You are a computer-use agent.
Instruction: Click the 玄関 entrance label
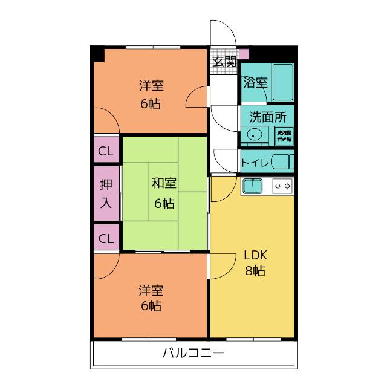pyautogui.click(x=224, y=61)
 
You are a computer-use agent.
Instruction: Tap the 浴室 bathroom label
pyautogui.click(x=255, y=83)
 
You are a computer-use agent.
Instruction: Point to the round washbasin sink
pyautogui.click(x=255, y=135)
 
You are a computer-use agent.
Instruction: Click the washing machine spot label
pyautogui.click(x=284, y=135)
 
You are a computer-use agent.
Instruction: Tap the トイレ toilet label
pyautogui.click(x=255, y=162)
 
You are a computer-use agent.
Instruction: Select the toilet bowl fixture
pyautogui.click(x=281, y=161)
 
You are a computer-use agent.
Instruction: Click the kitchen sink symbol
pyautogui.click(x=252, y=185)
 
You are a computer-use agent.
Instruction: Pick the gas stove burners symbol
pyautogui.click(x=282, y=185)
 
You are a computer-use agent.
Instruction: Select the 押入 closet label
pyautogui.click(x=106, y=193)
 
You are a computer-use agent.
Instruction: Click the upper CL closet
pyautogui.click(x=106, y=151)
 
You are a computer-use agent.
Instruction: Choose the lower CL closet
pyautogui.click(x=106, y=238)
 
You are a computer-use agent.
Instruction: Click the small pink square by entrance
pyautogui.click(x=244, y=54)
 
